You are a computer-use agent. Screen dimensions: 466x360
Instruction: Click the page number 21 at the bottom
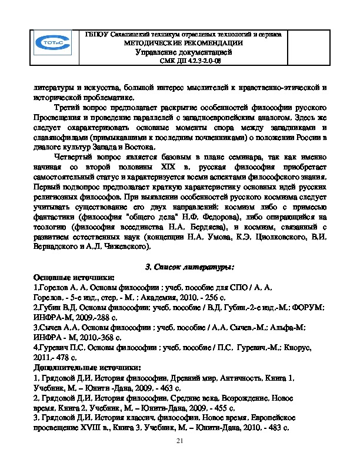[180, 442]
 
